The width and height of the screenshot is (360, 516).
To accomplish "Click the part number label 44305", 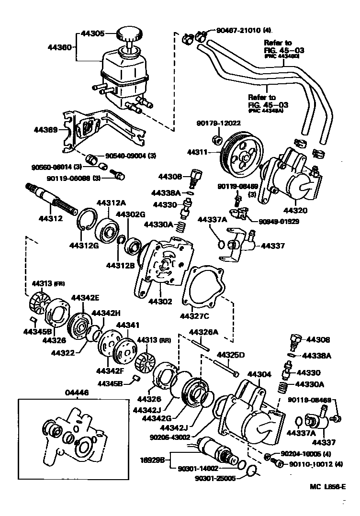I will click(x=91, y=34).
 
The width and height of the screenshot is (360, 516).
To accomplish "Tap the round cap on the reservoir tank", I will click(x=130, y=34).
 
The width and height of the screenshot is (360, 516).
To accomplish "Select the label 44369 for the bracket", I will click(x=45, y=130).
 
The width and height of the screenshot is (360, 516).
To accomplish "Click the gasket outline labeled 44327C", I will click(x=204, y=287).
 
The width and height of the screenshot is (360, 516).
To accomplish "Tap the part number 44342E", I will click(x=85, y=297).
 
